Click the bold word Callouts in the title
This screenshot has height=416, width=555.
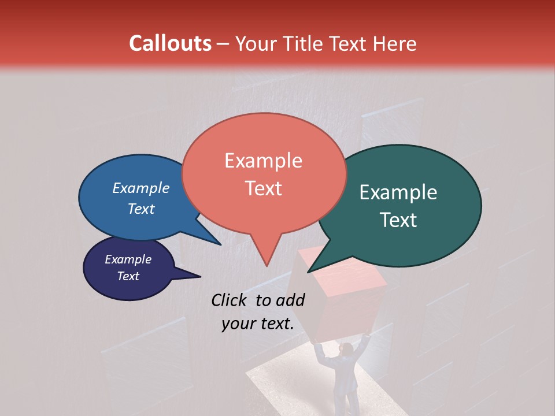[x=170, y=43]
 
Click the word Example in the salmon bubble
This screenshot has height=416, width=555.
[x=263, y=160]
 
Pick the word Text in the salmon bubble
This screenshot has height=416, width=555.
[x=263, y=188]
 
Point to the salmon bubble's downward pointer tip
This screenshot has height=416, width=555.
[x=267, y=265]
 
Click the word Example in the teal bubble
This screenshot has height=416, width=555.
[x=398, y=192]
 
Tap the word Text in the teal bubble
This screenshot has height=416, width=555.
[x=398, y=220]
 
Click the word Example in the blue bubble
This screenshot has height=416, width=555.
[x=141, y=188]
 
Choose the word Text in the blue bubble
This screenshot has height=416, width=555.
[x=141, y=209]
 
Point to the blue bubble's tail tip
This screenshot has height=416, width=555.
[x=220, y=244]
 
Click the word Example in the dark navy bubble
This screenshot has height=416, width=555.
[x=128, y=259]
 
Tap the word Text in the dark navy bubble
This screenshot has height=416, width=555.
[x=128, y=276]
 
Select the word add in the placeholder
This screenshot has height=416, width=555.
[x=290, y=300]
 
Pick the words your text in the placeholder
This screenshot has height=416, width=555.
[x=258, y=324]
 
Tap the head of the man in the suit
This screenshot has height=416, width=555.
[x=346, y=349]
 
